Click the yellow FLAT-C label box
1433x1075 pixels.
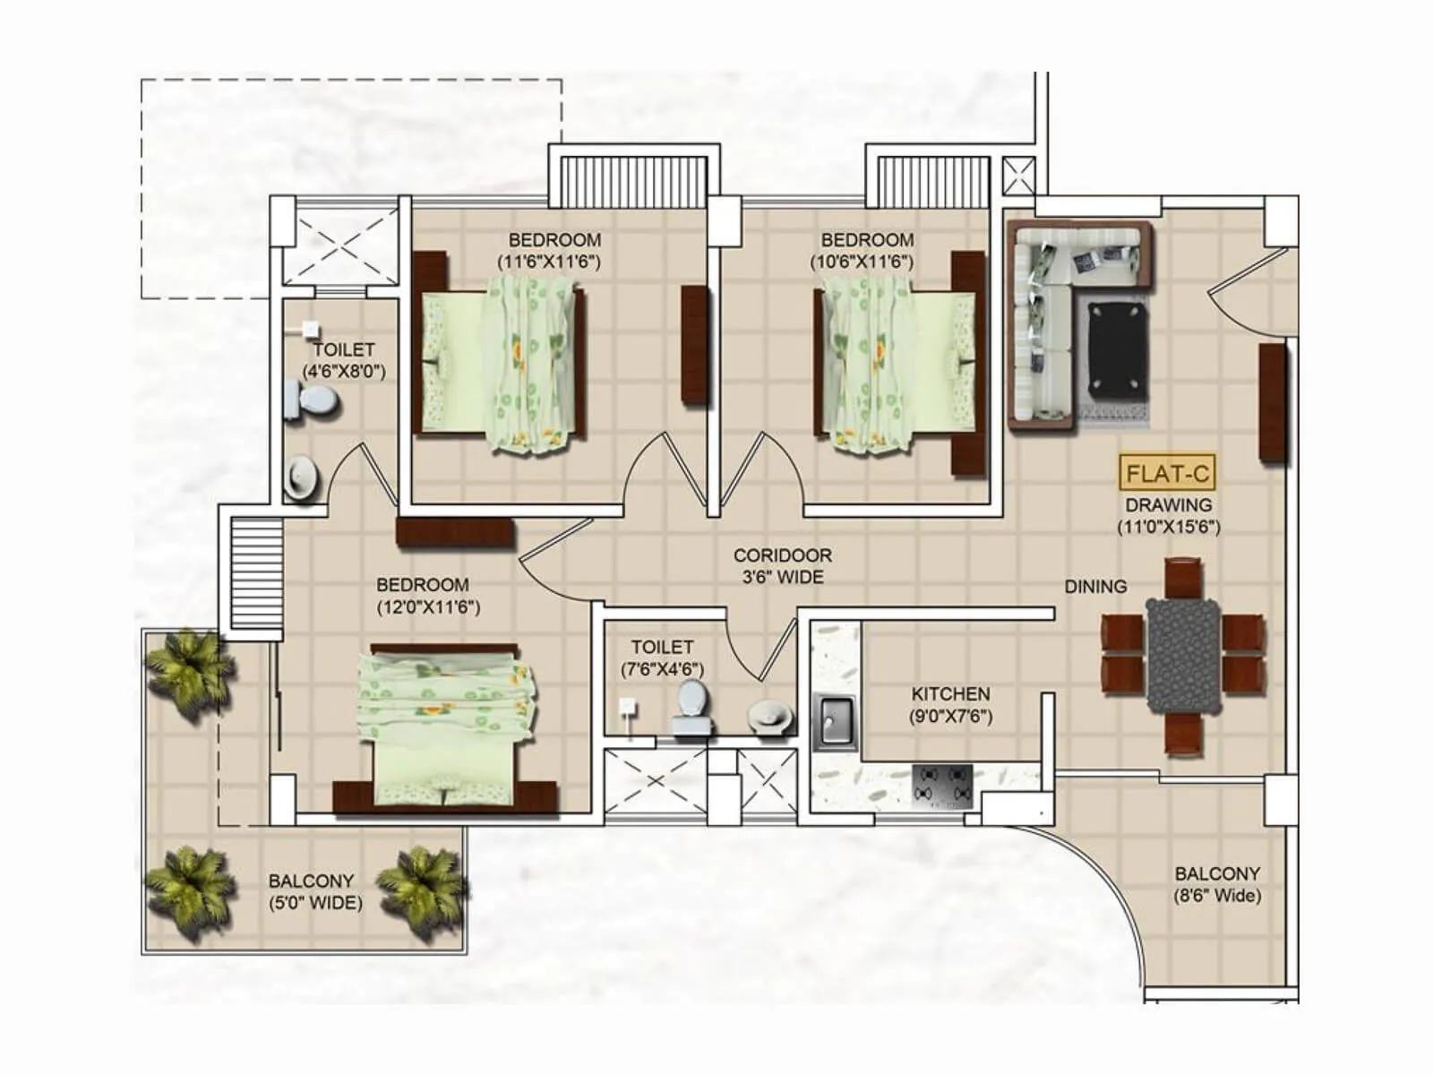[x=1167, y=472]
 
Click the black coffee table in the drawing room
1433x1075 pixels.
[x=1118, y=351]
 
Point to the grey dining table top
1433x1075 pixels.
[x=1182, y=655]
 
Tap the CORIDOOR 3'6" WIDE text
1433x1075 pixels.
[x=782, y=566]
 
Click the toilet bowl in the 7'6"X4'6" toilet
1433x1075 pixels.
[x=691, y=704]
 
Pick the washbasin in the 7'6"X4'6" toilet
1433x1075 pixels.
[x=769, y=715]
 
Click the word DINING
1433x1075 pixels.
[x=1095, y=587]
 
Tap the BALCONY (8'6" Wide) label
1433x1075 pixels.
[x=1216, y=884]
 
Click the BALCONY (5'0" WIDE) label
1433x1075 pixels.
[x=314, y=891]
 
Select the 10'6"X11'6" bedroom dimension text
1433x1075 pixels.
[x=867, y=262]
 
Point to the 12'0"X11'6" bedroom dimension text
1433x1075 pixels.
[x=427, y=607]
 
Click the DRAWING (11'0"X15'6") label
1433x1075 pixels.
[x=1168, y=516]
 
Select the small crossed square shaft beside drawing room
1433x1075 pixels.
[x=1018, y=176]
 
